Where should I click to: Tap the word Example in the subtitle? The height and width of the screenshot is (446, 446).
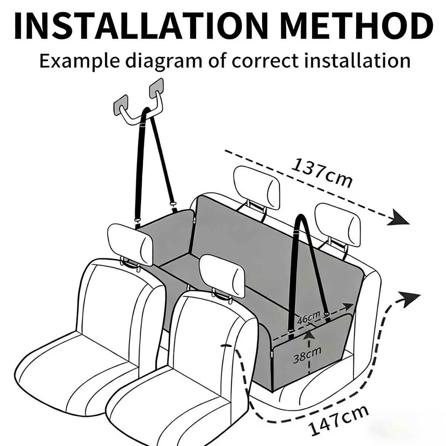[80, 61]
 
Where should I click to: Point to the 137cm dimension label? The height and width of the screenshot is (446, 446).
[321, 173]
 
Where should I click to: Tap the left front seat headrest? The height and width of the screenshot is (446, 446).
[130, 245]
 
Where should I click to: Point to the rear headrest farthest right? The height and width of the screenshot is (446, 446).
[337, 224]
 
